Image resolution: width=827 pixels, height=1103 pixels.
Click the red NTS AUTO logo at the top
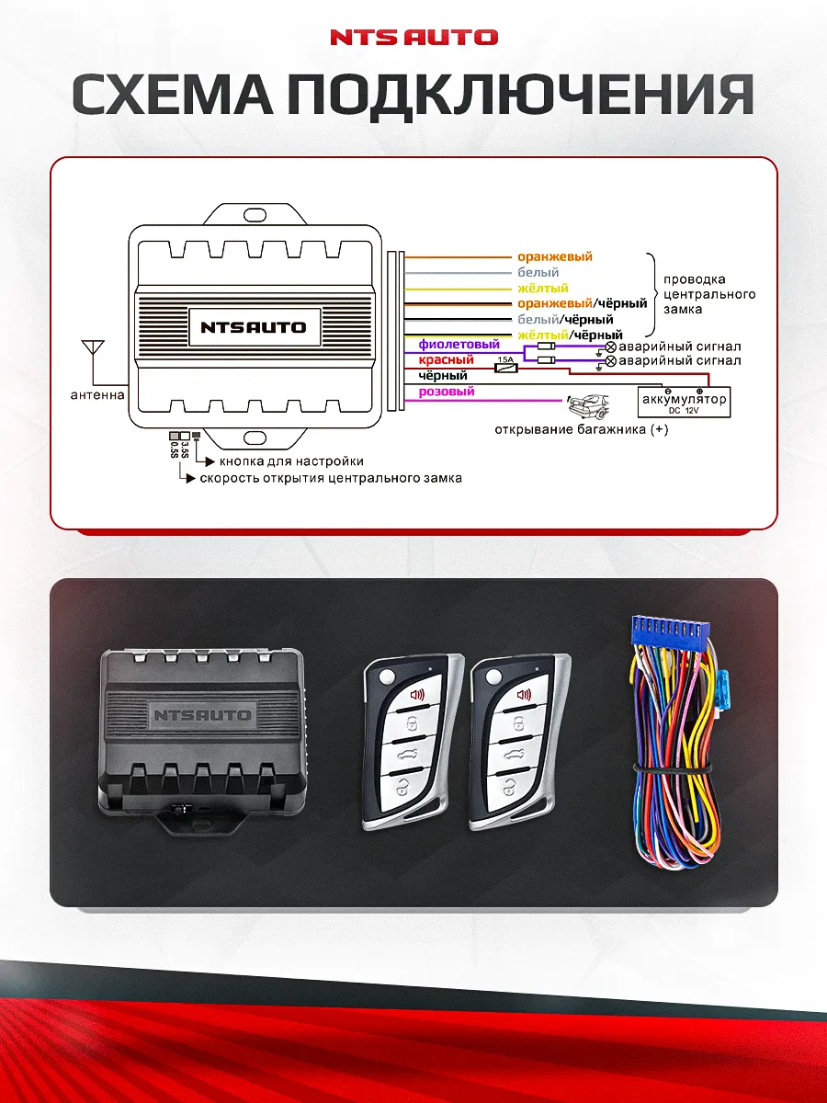tap(413, 38)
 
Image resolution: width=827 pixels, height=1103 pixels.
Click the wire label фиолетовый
tap(459, 345)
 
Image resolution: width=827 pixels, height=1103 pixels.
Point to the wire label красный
tap(446, 360)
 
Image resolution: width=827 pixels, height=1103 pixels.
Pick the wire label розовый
tap(447, 392)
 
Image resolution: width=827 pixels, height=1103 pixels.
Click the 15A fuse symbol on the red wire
tap(505, 367)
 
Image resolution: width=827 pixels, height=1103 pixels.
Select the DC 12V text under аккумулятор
tap(685, 411)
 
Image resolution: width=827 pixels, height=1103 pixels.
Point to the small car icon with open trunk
tap(588, 404)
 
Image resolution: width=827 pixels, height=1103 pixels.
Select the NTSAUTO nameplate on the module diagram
tap(254, 326)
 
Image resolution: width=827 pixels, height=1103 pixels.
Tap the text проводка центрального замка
tap(708, 294)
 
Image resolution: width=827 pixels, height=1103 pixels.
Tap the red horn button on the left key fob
tap(416, 695)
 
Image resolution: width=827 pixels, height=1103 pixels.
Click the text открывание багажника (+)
tap(581, 430)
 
